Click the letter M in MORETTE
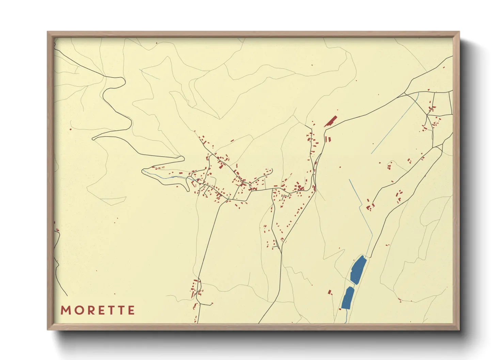coord(65,310)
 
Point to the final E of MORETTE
coord(131,310)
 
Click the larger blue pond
coord(358,270)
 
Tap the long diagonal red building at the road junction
coord(330,121)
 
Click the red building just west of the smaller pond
coord(330,292)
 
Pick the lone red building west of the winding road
coord(70,129)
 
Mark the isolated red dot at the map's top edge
coord(156,43)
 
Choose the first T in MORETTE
coord(109,310)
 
